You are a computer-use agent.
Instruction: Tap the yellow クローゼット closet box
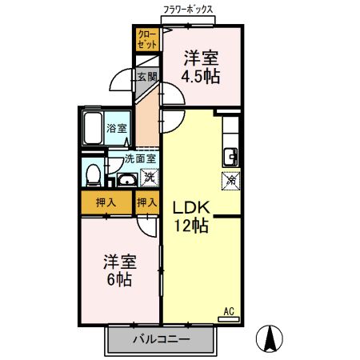[x=146, y=40]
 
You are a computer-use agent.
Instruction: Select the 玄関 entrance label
[x=146, y=78]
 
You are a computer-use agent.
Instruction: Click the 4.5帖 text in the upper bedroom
[x=200, y=76]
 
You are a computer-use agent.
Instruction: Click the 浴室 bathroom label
[x=118, y=128]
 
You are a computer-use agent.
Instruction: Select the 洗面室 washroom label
[x=134, y=158]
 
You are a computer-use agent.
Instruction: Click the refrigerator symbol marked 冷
[x=230, y=181]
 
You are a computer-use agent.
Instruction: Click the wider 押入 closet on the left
[x=106, y=203]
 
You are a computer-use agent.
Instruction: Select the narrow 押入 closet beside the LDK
[x=146, y=203]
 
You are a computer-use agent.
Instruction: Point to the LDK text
[x=191, y=206]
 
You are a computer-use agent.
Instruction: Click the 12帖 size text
[x=191, y=226]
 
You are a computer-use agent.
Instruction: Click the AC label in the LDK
[x=228, y=310]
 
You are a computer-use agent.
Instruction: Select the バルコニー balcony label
[x=161, y=340]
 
